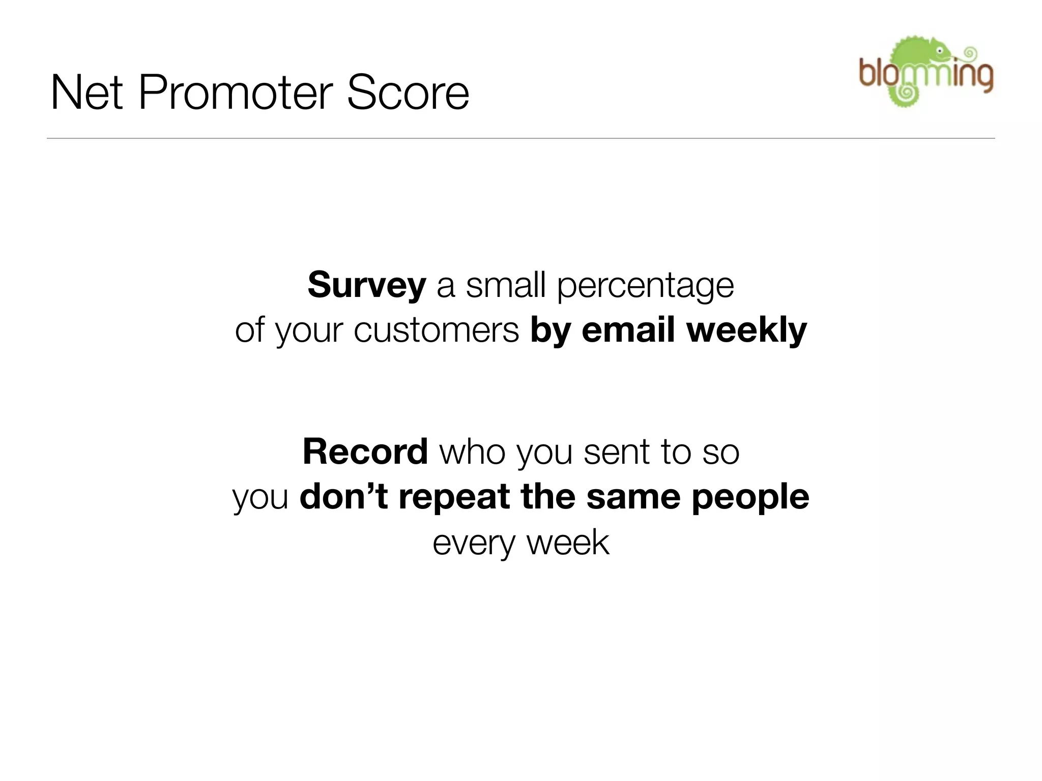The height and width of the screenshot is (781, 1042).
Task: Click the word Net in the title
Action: click(86, 93)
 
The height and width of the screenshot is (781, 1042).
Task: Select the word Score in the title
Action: click(407, 93)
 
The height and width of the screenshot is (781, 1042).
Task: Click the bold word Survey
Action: click(366, 286)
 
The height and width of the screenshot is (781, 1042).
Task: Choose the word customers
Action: click(436, 331)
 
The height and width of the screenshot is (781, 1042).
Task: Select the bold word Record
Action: click(365, 452)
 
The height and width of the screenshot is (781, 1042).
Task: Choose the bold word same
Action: click(633, 497)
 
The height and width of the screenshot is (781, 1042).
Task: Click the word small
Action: click(506, 286)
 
